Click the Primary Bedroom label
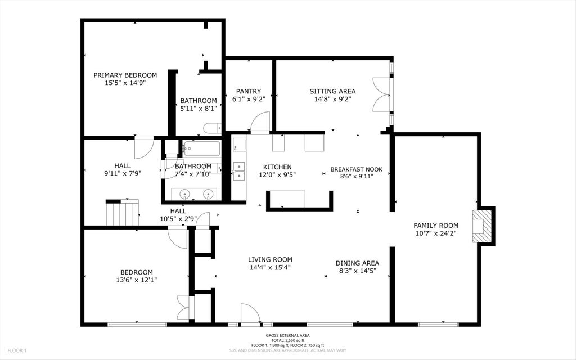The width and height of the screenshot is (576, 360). [x=125, y=75]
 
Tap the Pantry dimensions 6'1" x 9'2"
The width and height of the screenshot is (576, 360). [x=249, y=99]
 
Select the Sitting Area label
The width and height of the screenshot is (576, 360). [x=332, y=91]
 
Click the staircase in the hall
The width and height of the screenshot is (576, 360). [x=122, y=213]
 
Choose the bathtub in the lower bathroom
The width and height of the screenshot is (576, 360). [x=202, y=148]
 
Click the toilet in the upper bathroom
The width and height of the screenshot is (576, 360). [x=212, y=128]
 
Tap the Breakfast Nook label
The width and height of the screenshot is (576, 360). [x=356, y=169]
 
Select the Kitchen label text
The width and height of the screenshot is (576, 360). [x=277, y=166]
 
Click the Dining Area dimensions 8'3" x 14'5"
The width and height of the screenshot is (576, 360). [x=357, y=271]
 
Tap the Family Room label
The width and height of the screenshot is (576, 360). [x=436, y=226]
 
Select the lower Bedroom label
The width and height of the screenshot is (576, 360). [x=136, y=272]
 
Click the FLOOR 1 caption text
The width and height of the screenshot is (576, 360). [x=17, y=350]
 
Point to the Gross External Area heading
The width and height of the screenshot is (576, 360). [x=287, y=335]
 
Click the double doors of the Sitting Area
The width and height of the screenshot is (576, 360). [x=382, y=94]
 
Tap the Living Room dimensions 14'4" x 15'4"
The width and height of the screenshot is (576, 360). [x=270, y=267]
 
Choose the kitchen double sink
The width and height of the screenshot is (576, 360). [x=238, y=171]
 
